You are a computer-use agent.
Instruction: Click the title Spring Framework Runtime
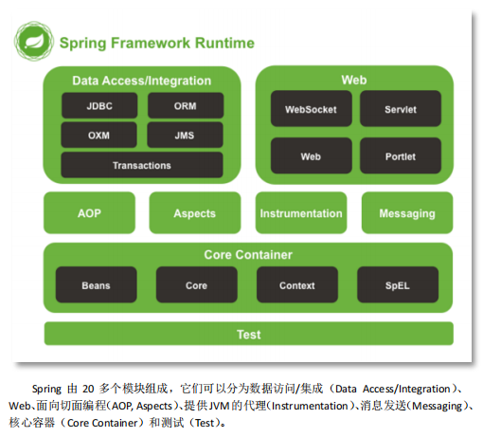156,43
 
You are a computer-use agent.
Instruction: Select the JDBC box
98,105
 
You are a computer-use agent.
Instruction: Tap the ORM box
186,105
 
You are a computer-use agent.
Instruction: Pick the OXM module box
98,135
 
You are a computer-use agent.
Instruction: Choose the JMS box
186,135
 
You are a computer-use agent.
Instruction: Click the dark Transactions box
142,165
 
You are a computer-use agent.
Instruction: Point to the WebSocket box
311,109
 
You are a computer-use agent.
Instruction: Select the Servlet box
401,109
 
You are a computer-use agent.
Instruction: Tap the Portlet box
401,155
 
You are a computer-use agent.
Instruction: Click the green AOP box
89,213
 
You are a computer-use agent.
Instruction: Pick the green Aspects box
195,213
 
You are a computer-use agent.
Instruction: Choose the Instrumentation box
301,213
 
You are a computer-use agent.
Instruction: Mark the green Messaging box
407,213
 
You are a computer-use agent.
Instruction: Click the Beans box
96,284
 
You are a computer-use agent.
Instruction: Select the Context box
297,284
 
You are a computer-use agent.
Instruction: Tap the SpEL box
398,284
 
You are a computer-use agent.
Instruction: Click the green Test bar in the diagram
248,335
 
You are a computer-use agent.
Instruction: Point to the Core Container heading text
248,255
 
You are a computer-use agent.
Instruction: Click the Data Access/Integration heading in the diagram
142,81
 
